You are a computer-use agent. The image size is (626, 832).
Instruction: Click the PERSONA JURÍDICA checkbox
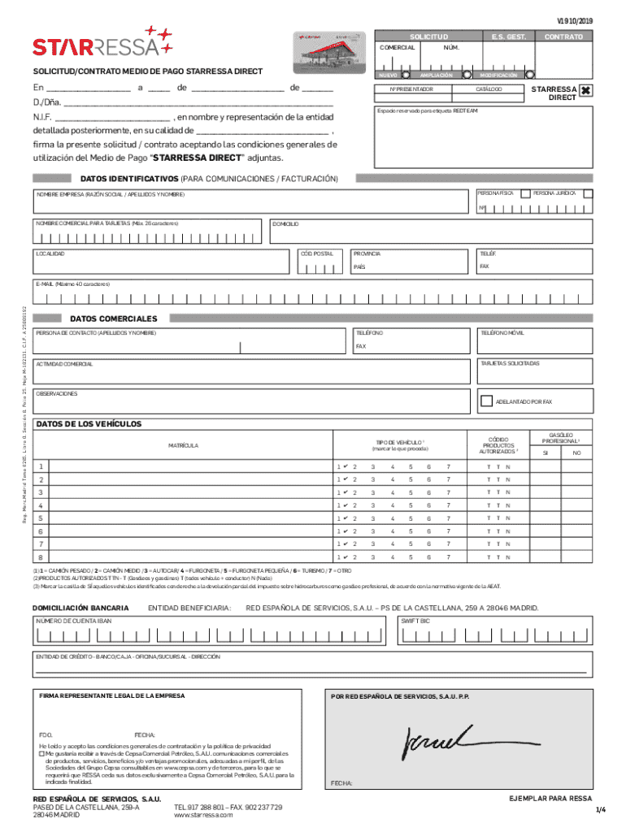point(589,193)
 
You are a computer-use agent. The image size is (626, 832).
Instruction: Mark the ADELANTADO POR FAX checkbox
point(486,401)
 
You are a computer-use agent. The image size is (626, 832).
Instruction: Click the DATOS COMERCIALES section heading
point(113,318)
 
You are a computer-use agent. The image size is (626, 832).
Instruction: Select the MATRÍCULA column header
point(183,445)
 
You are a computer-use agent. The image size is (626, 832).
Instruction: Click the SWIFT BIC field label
point(415,621)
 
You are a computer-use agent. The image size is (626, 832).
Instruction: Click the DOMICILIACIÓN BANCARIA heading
point(80,608)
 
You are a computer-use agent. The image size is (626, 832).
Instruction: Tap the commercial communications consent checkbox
point(42,752)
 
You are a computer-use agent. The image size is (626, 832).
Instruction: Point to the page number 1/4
point(600,810)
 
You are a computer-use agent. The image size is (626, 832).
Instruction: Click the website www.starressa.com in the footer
point(203,815)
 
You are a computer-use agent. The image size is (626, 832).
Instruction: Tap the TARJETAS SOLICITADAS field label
point(510,363)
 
